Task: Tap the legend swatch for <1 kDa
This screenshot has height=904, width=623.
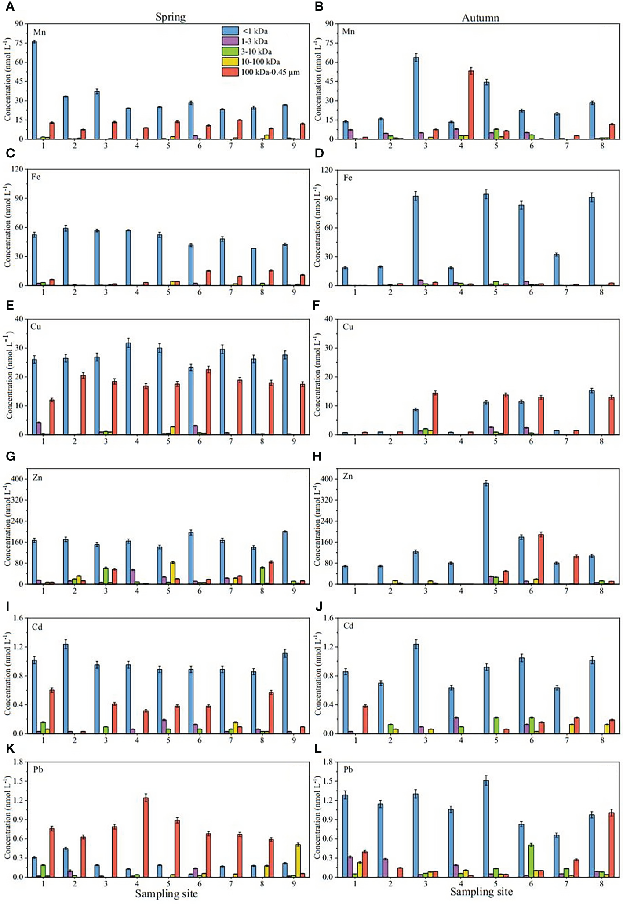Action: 230,31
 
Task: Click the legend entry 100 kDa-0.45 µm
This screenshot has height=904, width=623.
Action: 270,72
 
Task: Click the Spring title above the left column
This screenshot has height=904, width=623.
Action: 171,17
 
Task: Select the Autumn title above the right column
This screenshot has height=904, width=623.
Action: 480,18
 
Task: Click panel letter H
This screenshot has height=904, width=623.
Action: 317,457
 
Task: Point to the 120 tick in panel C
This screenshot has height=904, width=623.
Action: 18,169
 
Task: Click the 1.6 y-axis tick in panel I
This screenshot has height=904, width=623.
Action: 18,618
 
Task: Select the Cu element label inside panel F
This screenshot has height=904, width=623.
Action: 348,327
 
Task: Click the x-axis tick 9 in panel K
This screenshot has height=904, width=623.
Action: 294,883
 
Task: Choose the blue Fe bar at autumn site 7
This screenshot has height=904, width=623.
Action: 556,270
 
